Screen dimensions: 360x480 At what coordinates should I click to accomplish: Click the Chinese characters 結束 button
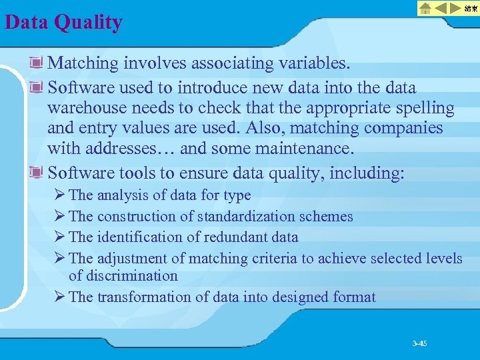pos(471,9)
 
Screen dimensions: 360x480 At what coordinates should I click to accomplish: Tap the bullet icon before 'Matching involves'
pos(37,63)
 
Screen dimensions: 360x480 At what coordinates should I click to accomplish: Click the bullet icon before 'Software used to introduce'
pos(37,87)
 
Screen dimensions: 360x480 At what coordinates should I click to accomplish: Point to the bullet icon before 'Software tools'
pos(37,173)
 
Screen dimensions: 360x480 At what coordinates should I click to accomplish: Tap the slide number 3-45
pos(419,343)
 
